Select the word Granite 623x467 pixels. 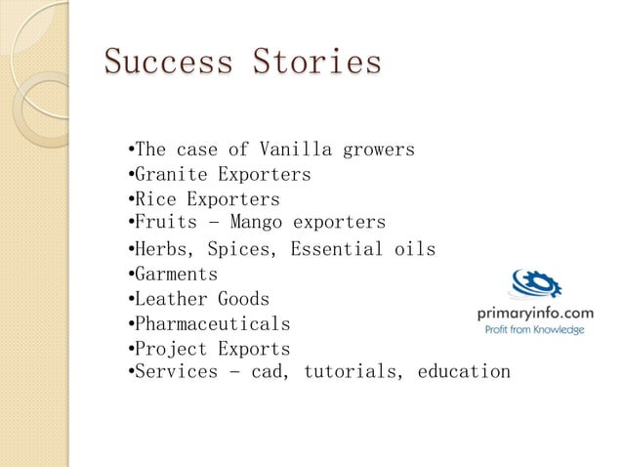pyautogui.click(x=171, y=176)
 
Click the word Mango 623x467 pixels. pyautogui.click(x=248, y=223)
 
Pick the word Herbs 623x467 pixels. pyautogui.click(x=162, y=249)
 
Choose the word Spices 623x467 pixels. pyautogui.click(x=241, y=249)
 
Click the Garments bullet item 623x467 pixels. pyautogui.click(x=176, y=275)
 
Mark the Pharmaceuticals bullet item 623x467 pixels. pyautogui.click(x=212, y=323)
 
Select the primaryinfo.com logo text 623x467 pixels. pyautogui.click(x=534, y=312)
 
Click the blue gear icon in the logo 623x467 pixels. pyautogui.click(x=535, y=284)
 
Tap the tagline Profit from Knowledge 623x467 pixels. pyautogui.click(x=535, y=330)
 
